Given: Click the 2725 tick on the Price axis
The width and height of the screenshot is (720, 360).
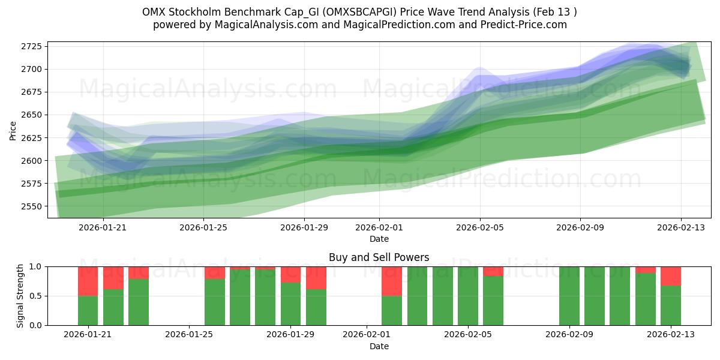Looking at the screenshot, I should [32, 46].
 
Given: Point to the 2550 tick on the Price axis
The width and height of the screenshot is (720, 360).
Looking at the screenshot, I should [32, 206].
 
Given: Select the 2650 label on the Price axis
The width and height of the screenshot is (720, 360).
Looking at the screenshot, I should [32, 115].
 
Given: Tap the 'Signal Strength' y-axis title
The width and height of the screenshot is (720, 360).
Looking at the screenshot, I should [20, 296].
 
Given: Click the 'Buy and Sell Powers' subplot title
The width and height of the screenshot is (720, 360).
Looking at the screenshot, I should [379, 257].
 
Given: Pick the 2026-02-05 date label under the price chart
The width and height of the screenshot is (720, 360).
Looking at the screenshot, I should [479, 227].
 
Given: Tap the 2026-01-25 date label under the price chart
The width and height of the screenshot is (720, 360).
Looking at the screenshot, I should [203, 227].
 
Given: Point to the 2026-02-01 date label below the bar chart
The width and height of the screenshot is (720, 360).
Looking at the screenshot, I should [367, 335].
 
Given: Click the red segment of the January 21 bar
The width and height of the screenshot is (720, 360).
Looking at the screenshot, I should [88, 281].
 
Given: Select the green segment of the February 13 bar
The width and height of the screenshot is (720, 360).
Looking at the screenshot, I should [670, 305].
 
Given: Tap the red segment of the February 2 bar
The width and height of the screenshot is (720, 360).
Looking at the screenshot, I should [392, 281].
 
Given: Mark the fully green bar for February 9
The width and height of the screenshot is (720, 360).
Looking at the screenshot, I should [569, 296].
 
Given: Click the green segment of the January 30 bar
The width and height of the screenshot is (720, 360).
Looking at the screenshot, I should [316, 307].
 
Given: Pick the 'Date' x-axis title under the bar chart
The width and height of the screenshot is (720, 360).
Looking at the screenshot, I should [379, 346].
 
